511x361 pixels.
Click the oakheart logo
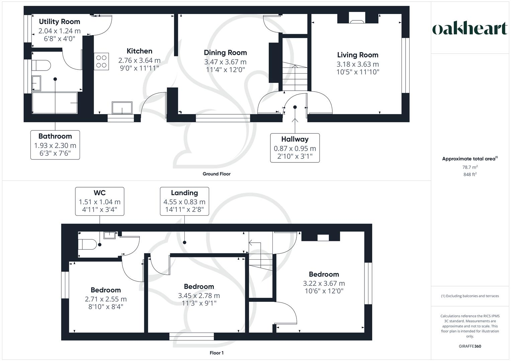click(x=470, y=29)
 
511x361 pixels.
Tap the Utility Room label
click(x=60, y=22)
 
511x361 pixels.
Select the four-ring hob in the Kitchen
click(x=101, y=62)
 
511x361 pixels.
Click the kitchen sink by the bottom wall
click(x=122, y=108)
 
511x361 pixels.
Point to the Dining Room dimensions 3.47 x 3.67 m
click(x=225, y=62)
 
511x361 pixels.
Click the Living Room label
click(x=357, y=55)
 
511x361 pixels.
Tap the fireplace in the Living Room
click(x=357, y=18)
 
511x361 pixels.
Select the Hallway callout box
click(x=295, y=148)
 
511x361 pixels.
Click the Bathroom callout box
click(x=55, y=145)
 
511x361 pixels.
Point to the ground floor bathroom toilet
click(x=40, y=65)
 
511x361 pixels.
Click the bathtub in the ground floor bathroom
click(x=55, y=103)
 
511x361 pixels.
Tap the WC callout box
click(x=99, y=202)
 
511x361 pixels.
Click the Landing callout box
click(x=184, y=202)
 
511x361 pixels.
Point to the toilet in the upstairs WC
click(x=86, y=244)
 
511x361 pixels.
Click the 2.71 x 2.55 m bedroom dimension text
click(x=106, y=299)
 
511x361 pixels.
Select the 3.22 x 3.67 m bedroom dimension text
click(x=324, y=283)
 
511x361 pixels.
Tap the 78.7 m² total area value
click(x=470, y=167)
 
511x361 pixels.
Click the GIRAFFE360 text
click(x=470, y=346)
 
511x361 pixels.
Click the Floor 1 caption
click(x=217, y=353)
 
